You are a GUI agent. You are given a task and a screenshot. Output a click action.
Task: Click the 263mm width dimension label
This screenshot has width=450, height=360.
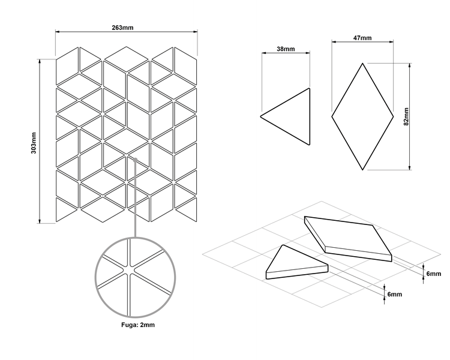tap(122, 28)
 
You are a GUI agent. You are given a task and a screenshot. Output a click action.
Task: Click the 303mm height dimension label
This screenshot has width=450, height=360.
tap(34, 143)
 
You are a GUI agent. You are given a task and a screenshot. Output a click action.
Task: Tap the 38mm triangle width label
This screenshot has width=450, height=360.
tap(286, 49)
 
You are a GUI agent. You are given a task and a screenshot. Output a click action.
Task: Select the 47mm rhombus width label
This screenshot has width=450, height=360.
tap(362, 38)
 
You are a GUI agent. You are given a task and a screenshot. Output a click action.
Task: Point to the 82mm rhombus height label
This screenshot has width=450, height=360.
tap(406, 116)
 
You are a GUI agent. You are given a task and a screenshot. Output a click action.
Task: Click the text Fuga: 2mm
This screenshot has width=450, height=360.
tap(138, 325)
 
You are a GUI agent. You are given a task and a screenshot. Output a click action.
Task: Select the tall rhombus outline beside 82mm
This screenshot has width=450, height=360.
tap(362, 116)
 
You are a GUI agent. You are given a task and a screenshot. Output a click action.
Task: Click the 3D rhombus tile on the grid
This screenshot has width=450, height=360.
tap(348, 239)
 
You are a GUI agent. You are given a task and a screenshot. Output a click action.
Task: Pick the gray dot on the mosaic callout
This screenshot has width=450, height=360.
tap(135, 160)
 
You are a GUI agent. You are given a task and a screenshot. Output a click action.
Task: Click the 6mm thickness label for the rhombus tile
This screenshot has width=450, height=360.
tap(433, 274)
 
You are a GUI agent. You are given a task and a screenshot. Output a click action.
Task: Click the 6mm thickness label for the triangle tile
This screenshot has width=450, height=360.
tap(395, 294)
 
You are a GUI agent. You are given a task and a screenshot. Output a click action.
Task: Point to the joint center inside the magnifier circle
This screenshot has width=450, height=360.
tap(128, 269)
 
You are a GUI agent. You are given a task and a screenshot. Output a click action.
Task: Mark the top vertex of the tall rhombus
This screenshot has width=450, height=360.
tap(362, 63)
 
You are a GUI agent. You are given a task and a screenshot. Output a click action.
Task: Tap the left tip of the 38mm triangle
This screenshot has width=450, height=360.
tap(260, 116)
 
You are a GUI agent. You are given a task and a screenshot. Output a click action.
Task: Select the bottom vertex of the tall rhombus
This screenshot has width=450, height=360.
tap(362, 170)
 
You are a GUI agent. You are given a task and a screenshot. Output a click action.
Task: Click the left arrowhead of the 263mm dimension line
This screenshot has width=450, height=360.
tap(58, 31)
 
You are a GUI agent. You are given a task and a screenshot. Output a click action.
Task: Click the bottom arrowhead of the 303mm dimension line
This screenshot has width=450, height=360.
tap(40, 221)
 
